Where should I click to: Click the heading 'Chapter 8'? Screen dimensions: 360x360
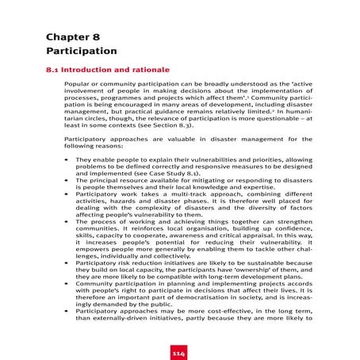72,37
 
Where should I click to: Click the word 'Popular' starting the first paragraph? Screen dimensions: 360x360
77,85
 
